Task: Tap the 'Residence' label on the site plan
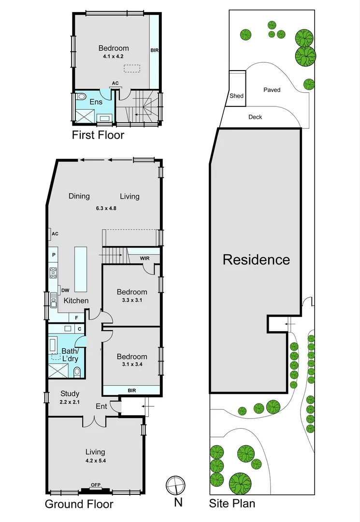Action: click(x=256, y=260)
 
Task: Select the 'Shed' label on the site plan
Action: click(x=236, y=96)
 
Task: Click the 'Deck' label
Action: click(x=255, y=117)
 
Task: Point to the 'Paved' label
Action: click(x=272, y=90)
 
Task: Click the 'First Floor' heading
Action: click(x=98, y=135)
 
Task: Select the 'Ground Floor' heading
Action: click(x=79, y=504)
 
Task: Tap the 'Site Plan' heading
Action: click(x=232, y=504)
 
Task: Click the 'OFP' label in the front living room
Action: click(x=96, y=485)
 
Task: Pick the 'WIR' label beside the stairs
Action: click(x=144, y=259)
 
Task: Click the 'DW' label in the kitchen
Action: click(x=65, y=290)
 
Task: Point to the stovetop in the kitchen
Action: click(x=53, y=273)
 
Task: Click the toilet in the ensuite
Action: click(x=80, y=96)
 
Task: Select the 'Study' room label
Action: click(x=70, y=393)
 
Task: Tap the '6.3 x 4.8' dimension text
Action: click(x=106, y=208)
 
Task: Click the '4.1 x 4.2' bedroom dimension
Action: click(x=113, y=57)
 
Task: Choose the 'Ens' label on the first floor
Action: click(x=96, y=102)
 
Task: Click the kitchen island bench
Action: click(x=80, y=269)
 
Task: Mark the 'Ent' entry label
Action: click(x=101, y=406)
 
